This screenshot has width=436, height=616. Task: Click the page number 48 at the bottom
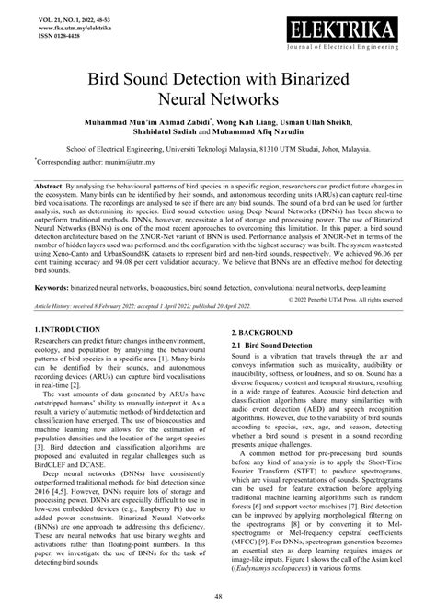pyautogui.click(x=218, y=596)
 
